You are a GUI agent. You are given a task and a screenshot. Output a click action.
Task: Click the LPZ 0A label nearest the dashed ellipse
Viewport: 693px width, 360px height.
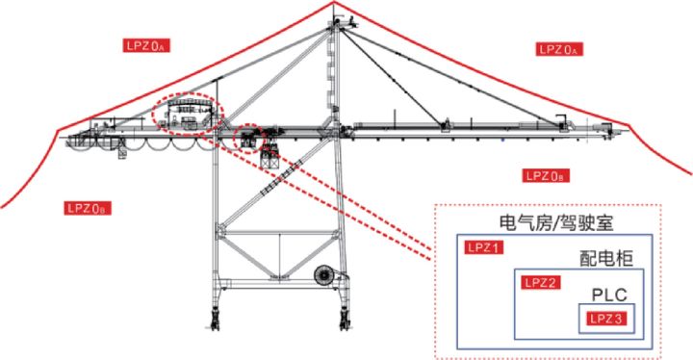click(x=146, y=45)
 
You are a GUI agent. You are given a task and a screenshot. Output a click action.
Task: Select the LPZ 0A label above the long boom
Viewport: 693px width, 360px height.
click(x=559, y=49)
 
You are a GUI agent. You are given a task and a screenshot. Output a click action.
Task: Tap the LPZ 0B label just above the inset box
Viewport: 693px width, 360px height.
click(x=546, y=175)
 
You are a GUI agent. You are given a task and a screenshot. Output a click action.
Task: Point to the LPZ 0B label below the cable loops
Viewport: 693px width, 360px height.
click(x=88, y=208)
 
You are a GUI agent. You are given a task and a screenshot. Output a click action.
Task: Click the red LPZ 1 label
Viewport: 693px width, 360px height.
click(x=484, y=247)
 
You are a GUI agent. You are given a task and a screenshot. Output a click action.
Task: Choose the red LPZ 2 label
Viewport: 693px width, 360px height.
click(x=541, y=282)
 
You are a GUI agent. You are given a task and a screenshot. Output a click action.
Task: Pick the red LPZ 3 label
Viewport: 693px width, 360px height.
click(x=606, y=319)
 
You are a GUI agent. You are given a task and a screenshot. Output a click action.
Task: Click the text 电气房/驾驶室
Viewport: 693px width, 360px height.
click(x=556, y=222)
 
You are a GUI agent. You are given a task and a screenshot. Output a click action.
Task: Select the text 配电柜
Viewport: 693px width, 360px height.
click(x=606, y=258)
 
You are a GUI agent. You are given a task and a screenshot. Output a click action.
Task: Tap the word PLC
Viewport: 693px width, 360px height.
click(x=609, y=295)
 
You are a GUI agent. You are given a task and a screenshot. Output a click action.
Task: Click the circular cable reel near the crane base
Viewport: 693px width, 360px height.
click(x=324, y=275)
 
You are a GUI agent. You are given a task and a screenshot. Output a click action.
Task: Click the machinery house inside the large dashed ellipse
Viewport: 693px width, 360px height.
click(x=188, y=115)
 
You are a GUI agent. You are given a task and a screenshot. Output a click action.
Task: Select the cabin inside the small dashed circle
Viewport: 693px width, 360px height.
click(x=247, y=139)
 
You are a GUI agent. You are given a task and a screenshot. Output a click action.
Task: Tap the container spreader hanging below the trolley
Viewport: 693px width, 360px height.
click(x=270, y=158)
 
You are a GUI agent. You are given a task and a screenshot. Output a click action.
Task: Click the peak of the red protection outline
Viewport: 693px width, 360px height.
click(x=334, y=2)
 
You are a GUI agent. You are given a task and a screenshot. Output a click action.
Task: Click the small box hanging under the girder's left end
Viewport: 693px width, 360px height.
click(x=122, y=154)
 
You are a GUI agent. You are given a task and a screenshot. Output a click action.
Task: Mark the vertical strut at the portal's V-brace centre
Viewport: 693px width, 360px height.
click(x=279, y=255)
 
